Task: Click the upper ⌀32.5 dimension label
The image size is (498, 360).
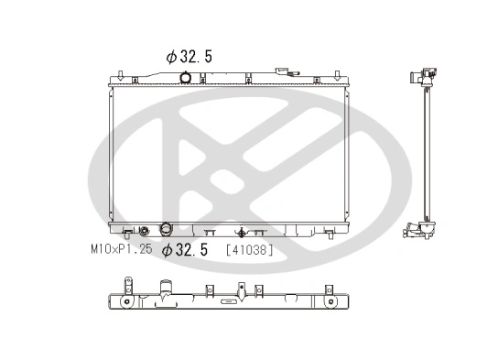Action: click(x=190, y=56)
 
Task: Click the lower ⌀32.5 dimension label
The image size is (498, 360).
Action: click(x=185, y=249)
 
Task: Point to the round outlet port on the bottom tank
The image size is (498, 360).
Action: click(x=168, y=229)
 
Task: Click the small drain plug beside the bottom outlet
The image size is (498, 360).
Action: click(x=143, y=232)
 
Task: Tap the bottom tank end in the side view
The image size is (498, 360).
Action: click(x=422, y=231)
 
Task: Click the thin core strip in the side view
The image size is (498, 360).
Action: click(x=425, y=156)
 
